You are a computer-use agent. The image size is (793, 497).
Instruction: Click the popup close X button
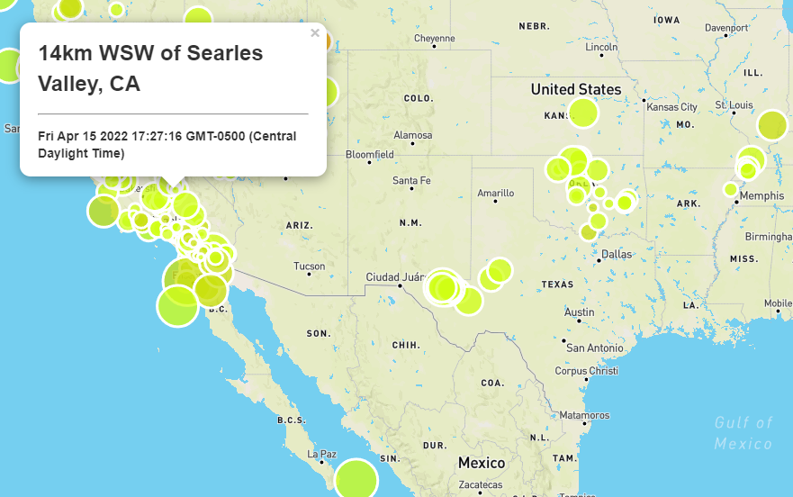[315, 33]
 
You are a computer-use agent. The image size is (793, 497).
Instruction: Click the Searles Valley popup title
[150, 68]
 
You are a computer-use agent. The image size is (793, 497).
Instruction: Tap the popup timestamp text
[167, 144]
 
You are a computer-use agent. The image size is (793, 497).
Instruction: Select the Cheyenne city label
[435, 39]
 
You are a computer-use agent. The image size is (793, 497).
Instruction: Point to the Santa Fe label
[411, 180]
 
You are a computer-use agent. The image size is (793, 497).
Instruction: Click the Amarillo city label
[495, 193]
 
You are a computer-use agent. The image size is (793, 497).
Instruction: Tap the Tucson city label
[309, 266]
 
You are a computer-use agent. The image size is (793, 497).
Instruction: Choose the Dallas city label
[617, 254]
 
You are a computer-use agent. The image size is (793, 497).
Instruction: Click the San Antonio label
[595, 348]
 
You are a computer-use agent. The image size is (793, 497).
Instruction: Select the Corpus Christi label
[587, 370]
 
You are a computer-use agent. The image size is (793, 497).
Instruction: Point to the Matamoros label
[584, 415]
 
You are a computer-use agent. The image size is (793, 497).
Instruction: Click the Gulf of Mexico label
[743, 432]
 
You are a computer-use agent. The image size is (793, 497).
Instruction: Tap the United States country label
[576, 89]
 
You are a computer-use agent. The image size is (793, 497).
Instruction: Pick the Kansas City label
[671, 107]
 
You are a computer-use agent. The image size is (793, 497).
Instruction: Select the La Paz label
[321, 454]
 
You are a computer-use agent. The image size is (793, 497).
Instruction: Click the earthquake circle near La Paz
[357, 480]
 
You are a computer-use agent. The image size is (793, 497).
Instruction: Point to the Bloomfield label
[369, 154]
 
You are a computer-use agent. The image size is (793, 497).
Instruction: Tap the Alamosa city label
[412, 135]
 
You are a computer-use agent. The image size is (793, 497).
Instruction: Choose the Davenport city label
[726, 27]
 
